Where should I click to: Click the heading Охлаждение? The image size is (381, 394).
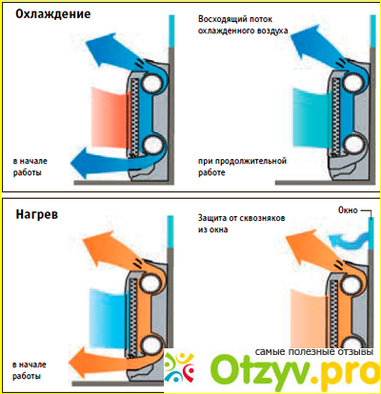point(53,14)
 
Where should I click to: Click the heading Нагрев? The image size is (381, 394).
point(37,214)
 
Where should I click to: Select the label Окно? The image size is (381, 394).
point(348,210)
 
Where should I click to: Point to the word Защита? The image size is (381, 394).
point(212,218)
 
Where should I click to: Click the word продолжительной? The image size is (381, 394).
point(251,161)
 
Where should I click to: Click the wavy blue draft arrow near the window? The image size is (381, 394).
point(349,241)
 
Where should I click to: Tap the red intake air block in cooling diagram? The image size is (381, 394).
point(110,117)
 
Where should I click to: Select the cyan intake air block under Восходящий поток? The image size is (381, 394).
point(312,118)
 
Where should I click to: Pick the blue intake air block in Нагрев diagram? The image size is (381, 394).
point(109,318)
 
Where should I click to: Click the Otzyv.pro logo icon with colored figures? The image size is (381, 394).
point(178,368)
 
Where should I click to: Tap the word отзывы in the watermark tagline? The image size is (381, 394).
point(354,352)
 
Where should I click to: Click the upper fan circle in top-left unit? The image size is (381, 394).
point(152,82)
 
